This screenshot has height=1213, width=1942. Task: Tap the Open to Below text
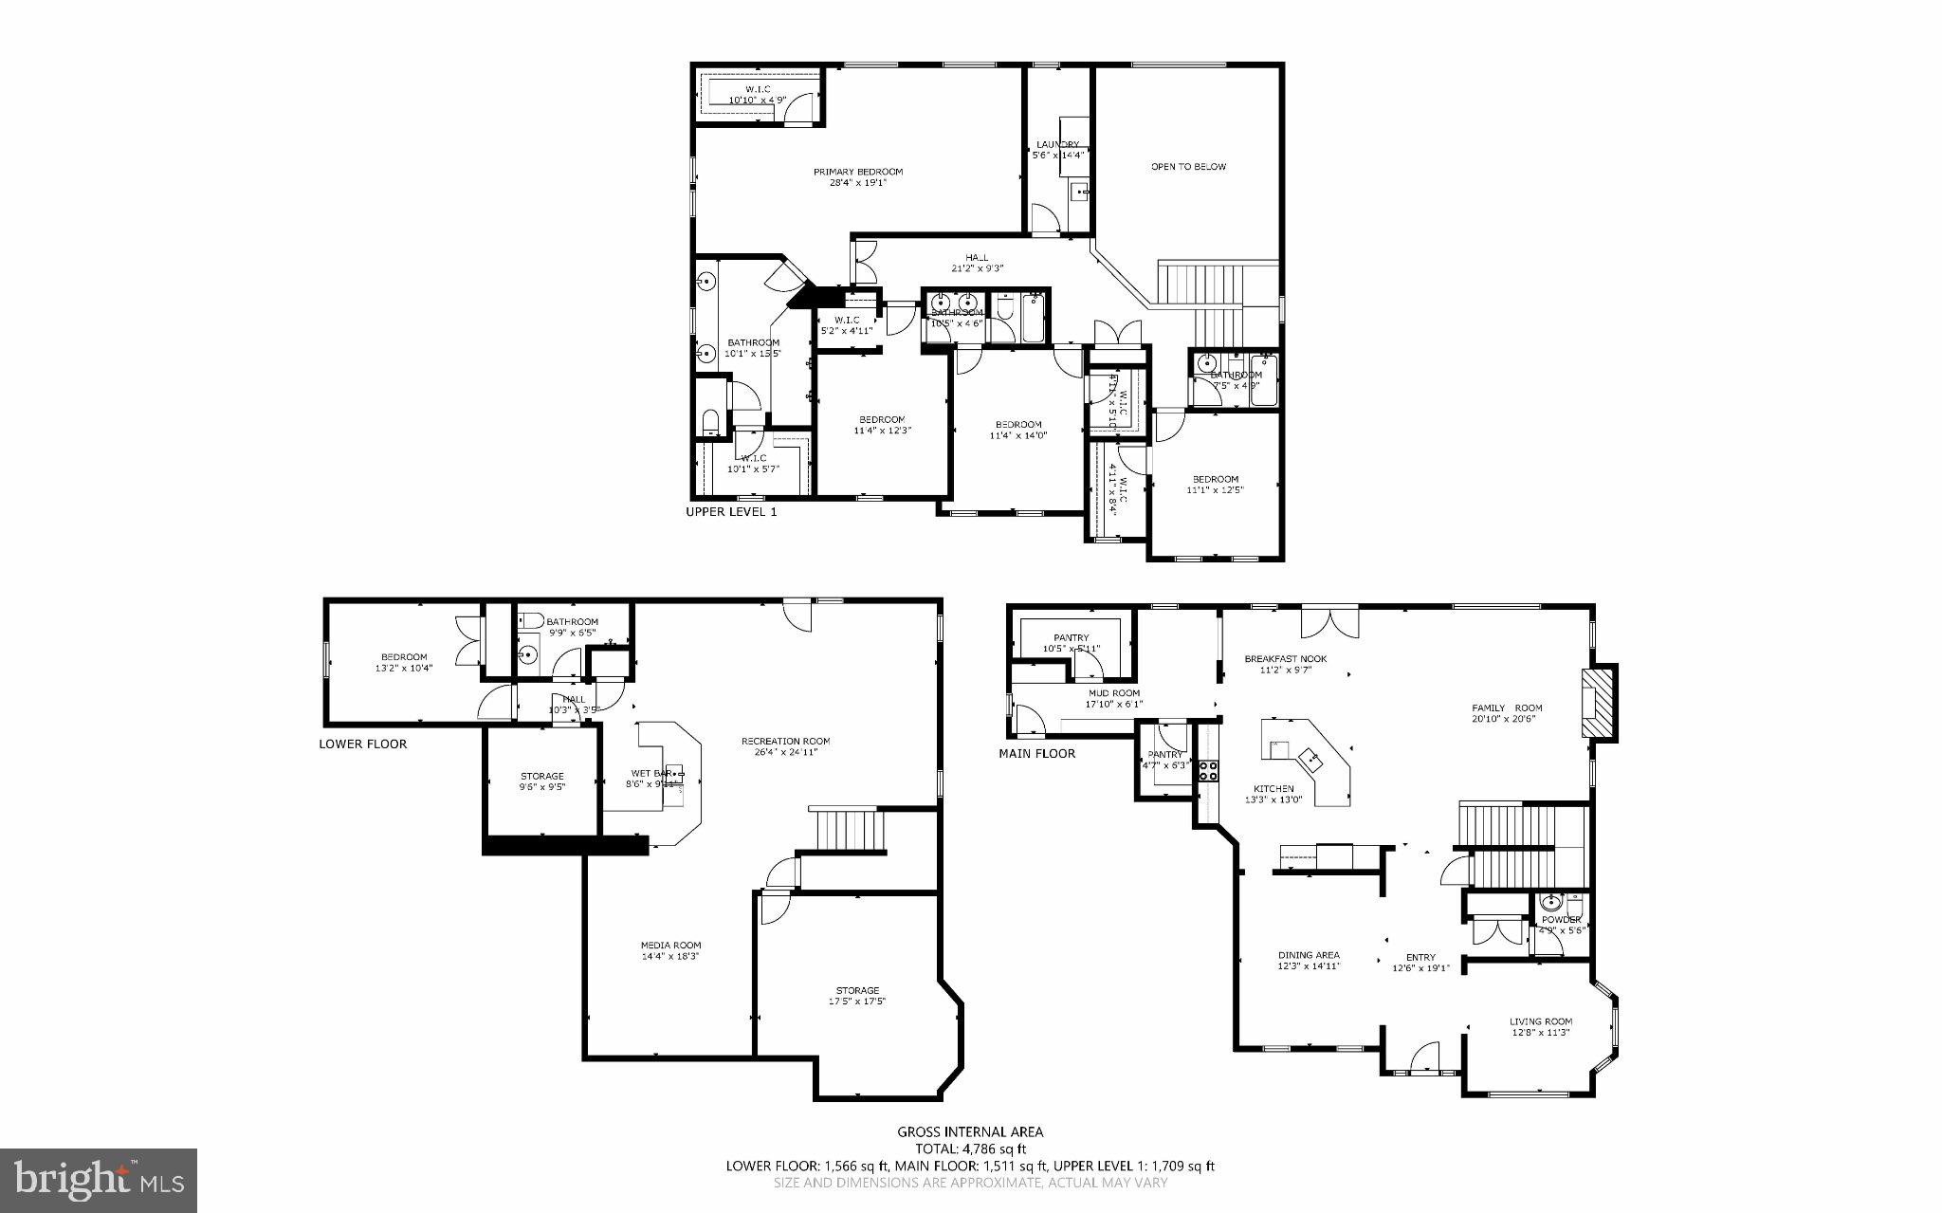pyautogui.click(x=1188, y=167)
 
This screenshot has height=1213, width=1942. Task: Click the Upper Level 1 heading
pyautogui.click(x=731, y=512)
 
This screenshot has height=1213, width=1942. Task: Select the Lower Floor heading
pyautogui.click(x=362, y=744)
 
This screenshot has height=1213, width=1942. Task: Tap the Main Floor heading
pyautogui.click(x=1036, y=753)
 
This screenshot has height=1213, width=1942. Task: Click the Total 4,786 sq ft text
pyautogui.click(x=970, y=1149)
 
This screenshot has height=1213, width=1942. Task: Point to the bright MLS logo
pyautogui.click(x=99, y=1180)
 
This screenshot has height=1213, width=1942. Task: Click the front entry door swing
pyautogui.click(x=1424, y=1057)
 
